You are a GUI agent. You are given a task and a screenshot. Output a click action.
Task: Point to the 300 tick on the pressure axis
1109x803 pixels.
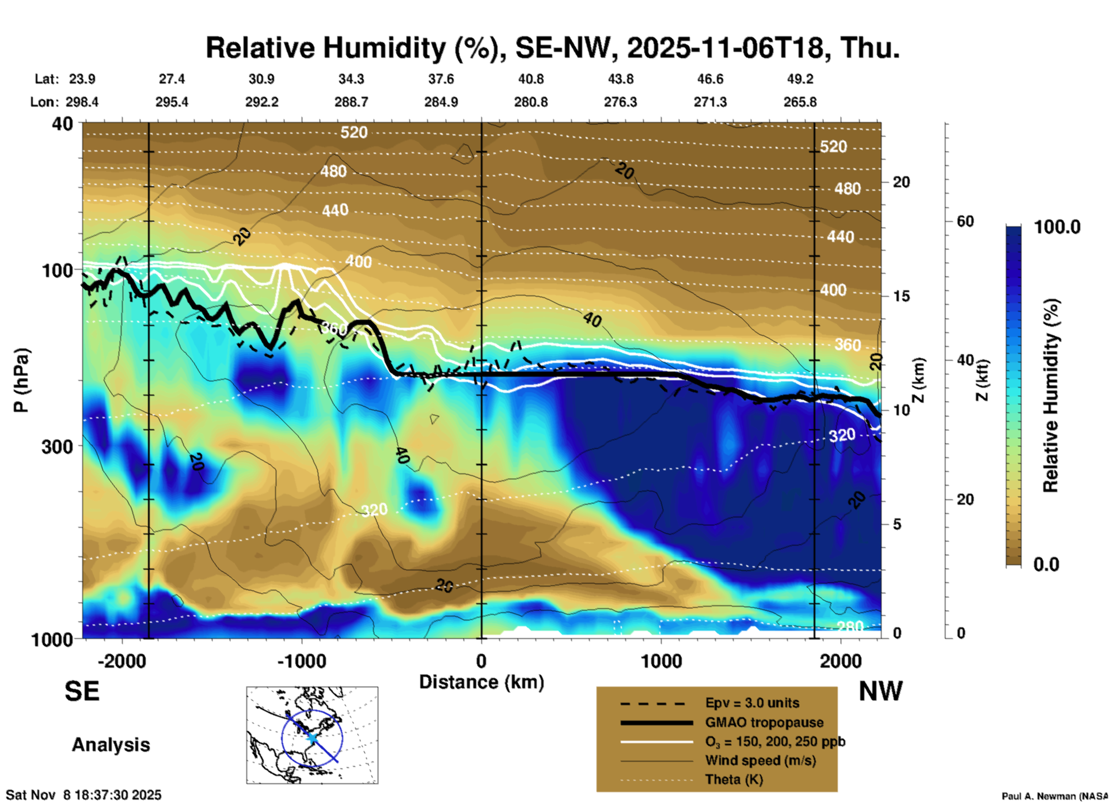pos(57,446)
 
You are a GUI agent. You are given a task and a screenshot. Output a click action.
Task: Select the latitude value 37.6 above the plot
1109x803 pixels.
pos(440,79)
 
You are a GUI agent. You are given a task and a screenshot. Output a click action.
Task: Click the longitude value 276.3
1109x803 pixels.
pos(620,102)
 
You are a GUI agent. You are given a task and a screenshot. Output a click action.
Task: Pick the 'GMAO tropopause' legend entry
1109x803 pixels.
pos(764,722)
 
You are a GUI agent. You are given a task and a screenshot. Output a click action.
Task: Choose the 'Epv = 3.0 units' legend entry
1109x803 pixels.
pos(751,703)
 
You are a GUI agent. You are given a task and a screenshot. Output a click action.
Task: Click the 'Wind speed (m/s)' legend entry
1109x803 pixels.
pos(760,760)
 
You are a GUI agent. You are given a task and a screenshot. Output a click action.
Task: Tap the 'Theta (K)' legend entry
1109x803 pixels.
pos(734,779)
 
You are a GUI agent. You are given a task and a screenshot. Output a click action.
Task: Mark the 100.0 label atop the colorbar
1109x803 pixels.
pos(1057,227)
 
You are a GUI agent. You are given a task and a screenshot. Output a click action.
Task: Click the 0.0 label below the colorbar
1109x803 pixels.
pos(1046,564)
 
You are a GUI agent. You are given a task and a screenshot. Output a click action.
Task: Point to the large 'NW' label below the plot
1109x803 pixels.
pos(880,691)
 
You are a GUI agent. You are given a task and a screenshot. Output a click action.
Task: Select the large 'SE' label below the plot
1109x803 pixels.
pos(82,691)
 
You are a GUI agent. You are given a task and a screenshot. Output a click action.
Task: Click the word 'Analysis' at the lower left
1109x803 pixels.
pos(111,744)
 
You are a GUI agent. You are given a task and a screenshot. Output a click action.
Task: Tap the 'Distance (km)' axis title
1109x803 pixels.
pos(481,682)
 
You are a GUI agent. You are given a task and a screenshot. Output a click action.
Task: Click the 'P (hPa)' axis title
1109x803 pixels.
pos(21,380)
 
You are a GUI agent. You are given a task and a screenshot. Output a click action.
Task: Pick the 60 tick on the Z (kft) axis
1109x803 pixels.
pos(965,221)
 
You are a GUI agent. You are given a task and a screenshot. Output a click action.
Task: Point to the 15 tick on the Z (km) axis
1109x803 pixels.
pos(901,296)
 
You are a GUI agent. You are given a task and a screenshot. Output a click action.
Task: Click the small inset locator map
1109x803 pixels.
pos(312,735)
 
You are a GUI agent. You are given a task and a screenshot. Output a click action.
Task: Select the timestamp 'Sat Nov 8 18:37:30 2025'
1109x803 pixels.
pos(83,795)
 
